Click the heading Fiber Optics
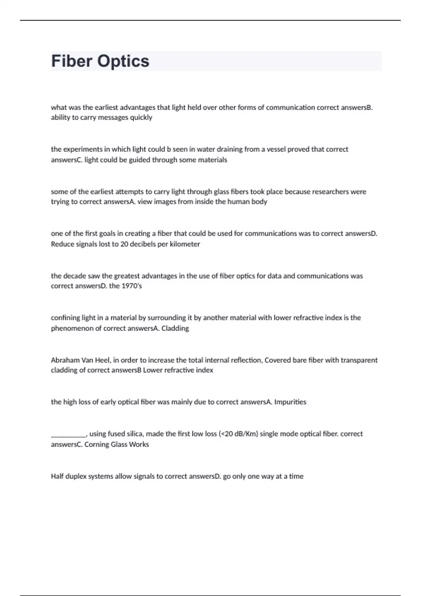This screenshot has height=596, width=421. point(100,61)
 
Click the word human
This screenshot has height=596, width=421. point(240,202)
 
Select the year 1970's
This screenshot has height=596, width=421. point(132,286)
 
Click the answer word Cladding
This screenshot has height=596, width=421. point(175,329)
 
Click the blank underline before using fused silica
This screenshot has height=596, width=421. point(68,435)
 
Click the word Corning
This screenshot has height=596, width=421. point(96,445)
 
